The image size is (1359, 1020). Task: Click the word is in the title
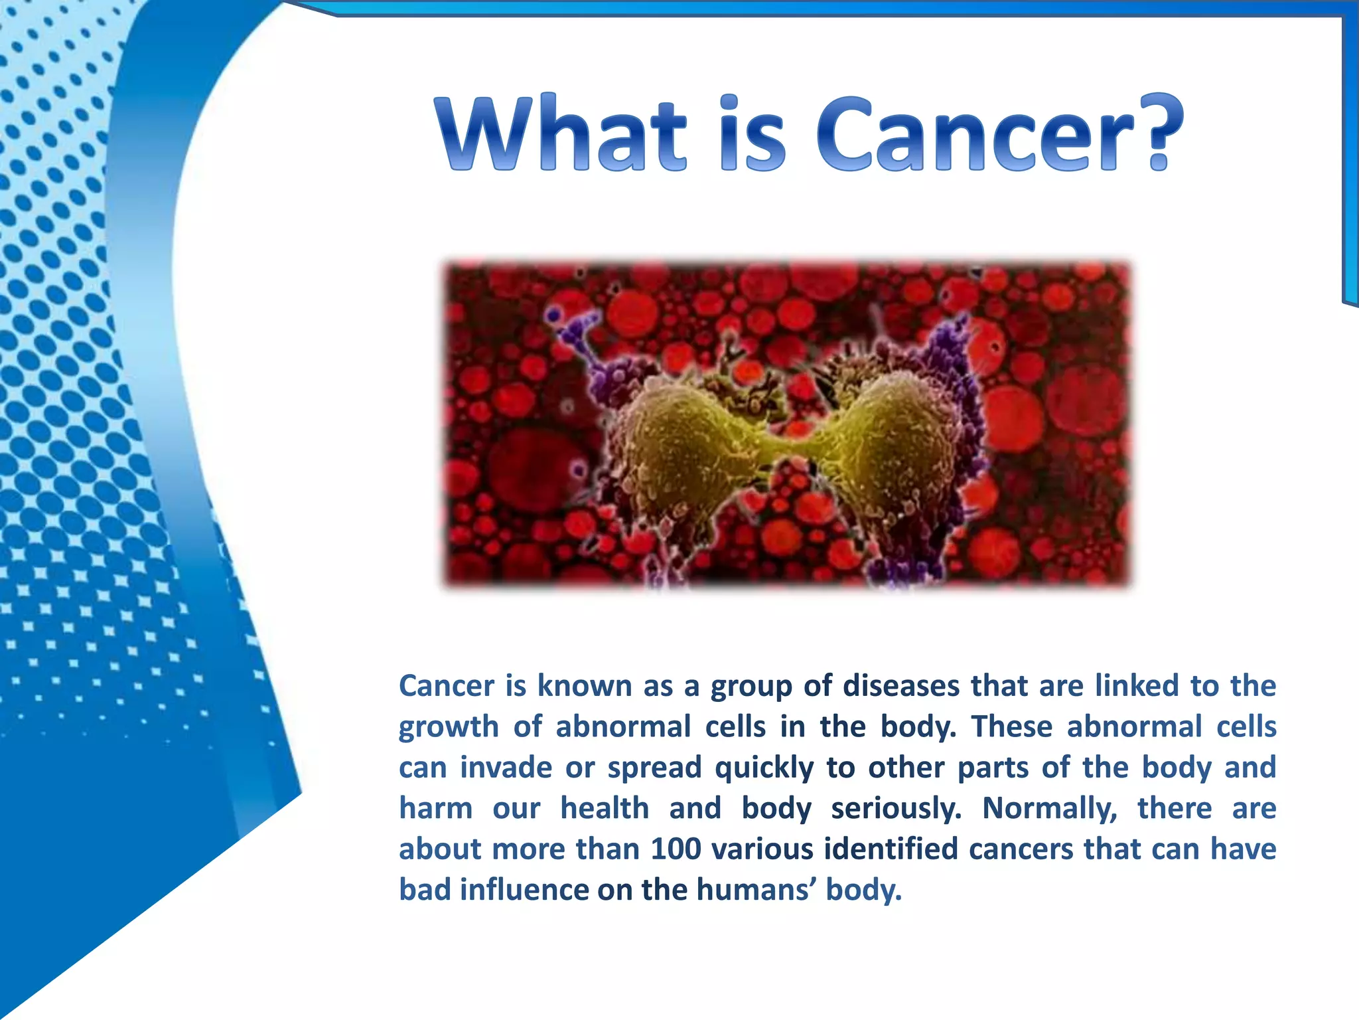[754, 133]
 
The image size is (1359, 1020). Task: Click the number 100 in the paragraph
[676, 849]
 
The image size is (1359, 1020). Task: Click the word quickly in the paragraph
[764, 768]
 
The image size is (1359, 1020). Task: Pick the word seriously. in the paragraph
[896, 808]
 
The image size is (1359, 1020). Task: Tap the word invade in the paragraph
[506, 768]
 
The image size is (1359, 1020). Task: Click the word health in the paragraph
[605, 808]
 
